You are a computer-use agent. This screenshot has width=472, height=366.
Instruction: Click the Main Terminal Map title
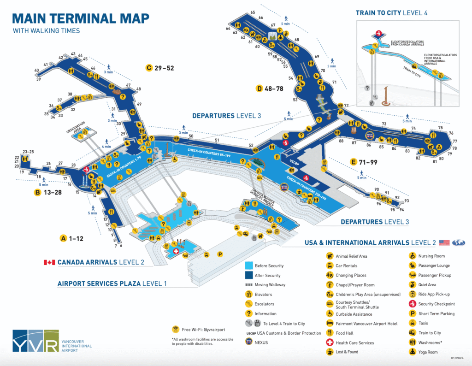click(x=81, y=18)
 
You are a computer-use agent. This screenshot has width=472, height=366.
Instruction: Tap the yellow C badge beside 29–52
click(x=148, y=68)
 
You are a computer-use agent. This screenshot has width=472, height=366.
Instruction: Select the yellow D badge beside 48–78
click(x=260, y=88)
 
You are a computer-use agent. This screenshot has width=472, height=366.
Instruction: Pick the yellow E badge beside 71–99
click(x=354, y=162)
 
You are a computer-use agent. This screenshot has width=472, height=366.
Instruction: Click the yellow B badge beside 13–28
click(x=38, y=193)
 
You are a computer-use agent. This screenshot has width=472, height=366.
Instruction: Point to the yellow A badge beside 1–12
click(x=64, y=238)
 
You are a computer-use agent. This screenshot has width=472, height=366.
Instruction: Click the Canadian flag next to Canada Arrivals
click(x=49, y=262)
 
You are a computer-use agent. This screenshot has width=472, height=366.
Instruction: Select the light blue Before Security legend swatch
click(x=248, y=266)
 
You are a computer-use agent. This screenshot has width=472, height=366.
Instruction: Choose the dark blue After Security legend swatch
click(x=248, y=275)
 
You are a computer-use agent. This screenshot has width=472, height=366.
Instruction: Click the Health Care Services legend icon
click(x=330, y=342)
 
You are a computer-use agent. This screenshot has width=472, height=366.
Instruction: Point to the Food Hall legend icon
click(x=330, y=333)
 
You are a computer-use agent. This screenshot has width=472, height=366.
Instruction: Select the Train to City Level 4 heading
click(x=391, y=13)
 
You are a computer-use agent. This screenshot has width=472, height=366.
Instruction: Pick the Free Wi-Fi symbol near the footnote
click(x=175, y=329)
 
